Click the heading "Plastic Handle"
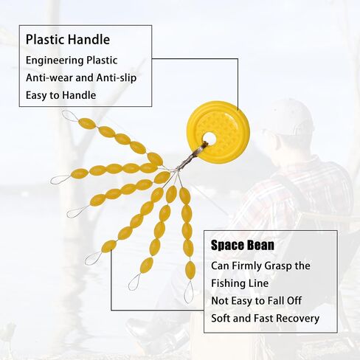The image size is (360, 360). (68, 40)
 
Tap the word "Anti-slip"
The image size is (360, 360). (117, 77)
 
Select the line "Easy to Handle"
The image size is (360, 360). (61, 95)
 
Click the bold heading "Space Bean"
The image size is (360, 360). (243, 245)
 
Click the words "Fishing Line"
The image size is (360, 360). (240, 283)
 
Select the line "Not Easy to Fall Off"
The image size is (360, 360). (256, 301)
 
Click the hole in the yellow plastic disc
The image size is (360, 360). (210, 138)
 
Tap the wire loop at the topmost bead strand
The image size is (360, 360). (70, 116)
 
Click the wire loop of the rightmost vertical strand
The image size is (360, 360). (189, 291)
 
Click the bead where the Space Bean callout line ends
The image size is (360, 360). (108, 246)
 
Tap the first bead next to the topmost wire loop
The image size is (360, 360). (87, 123)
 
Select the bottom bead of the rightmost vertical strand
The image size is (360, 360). (190, 269)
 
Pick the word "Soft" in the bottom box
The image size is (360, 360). (221, 318)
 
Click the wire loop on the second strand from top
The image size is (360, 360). (60, 180)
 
